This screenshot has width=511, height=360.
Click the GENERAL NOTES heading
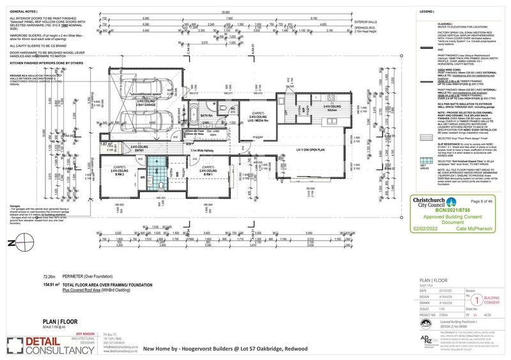click(x=22, y=12)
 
